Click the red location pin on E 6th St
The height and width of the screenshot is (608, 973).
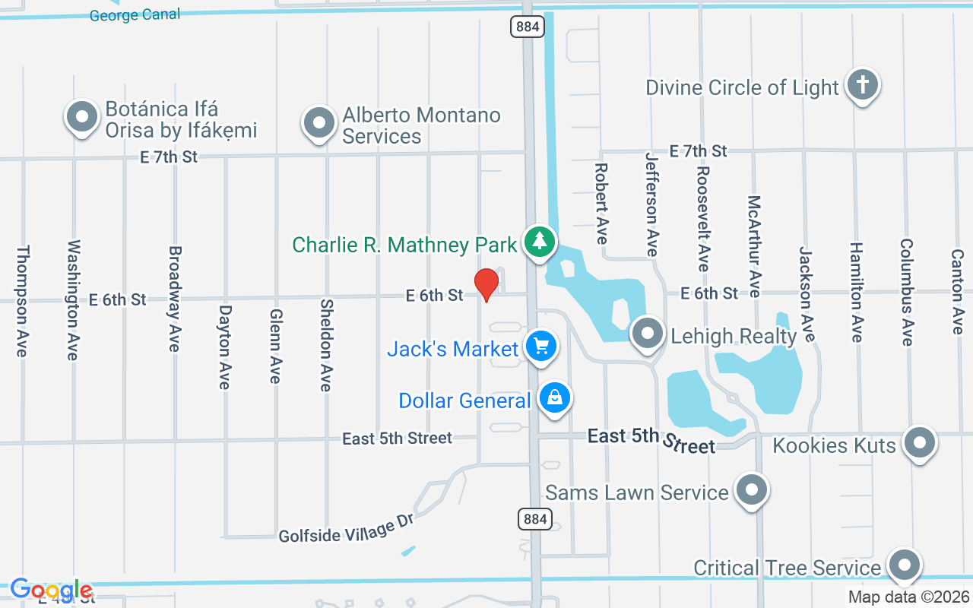(486, 284)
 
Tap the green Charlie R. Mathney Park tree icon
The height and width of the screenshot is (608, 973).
(540, 242)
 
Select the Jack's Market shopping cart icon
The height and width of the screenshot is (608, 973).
(540, 347)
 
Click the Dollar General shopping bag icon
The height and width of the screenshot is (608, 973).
(556, 398)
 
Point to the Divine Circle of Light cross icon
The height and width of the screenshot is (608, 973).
(862, 84)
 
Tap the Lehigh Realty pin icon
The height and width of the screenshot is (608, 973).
(648, 334)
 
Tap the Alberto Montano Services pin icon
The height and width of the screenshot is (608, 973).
(319, 122)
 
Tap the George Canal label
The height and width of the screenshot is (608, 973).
(135, 14)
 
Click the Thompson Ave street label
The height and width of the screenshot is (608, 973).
(23, 301)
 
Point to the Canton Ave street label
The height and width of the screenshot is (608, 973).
(958, 292)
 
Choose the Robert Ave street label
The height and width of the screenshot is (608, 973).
(601, 204)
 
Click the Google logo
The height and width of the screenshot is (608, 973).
(52, 590)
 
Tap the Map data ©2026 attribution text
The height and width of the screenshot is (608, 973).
(909, 597)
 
